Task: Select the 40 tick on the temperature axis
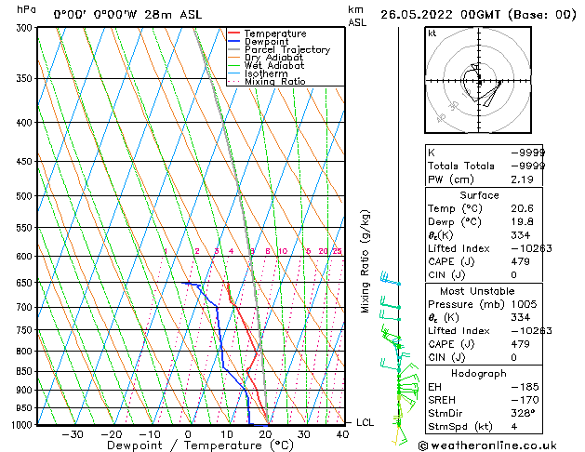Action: (343, 433)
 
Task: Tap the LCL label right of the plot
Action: (366, 422)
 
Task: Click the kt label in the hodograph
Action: (432, 33)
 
